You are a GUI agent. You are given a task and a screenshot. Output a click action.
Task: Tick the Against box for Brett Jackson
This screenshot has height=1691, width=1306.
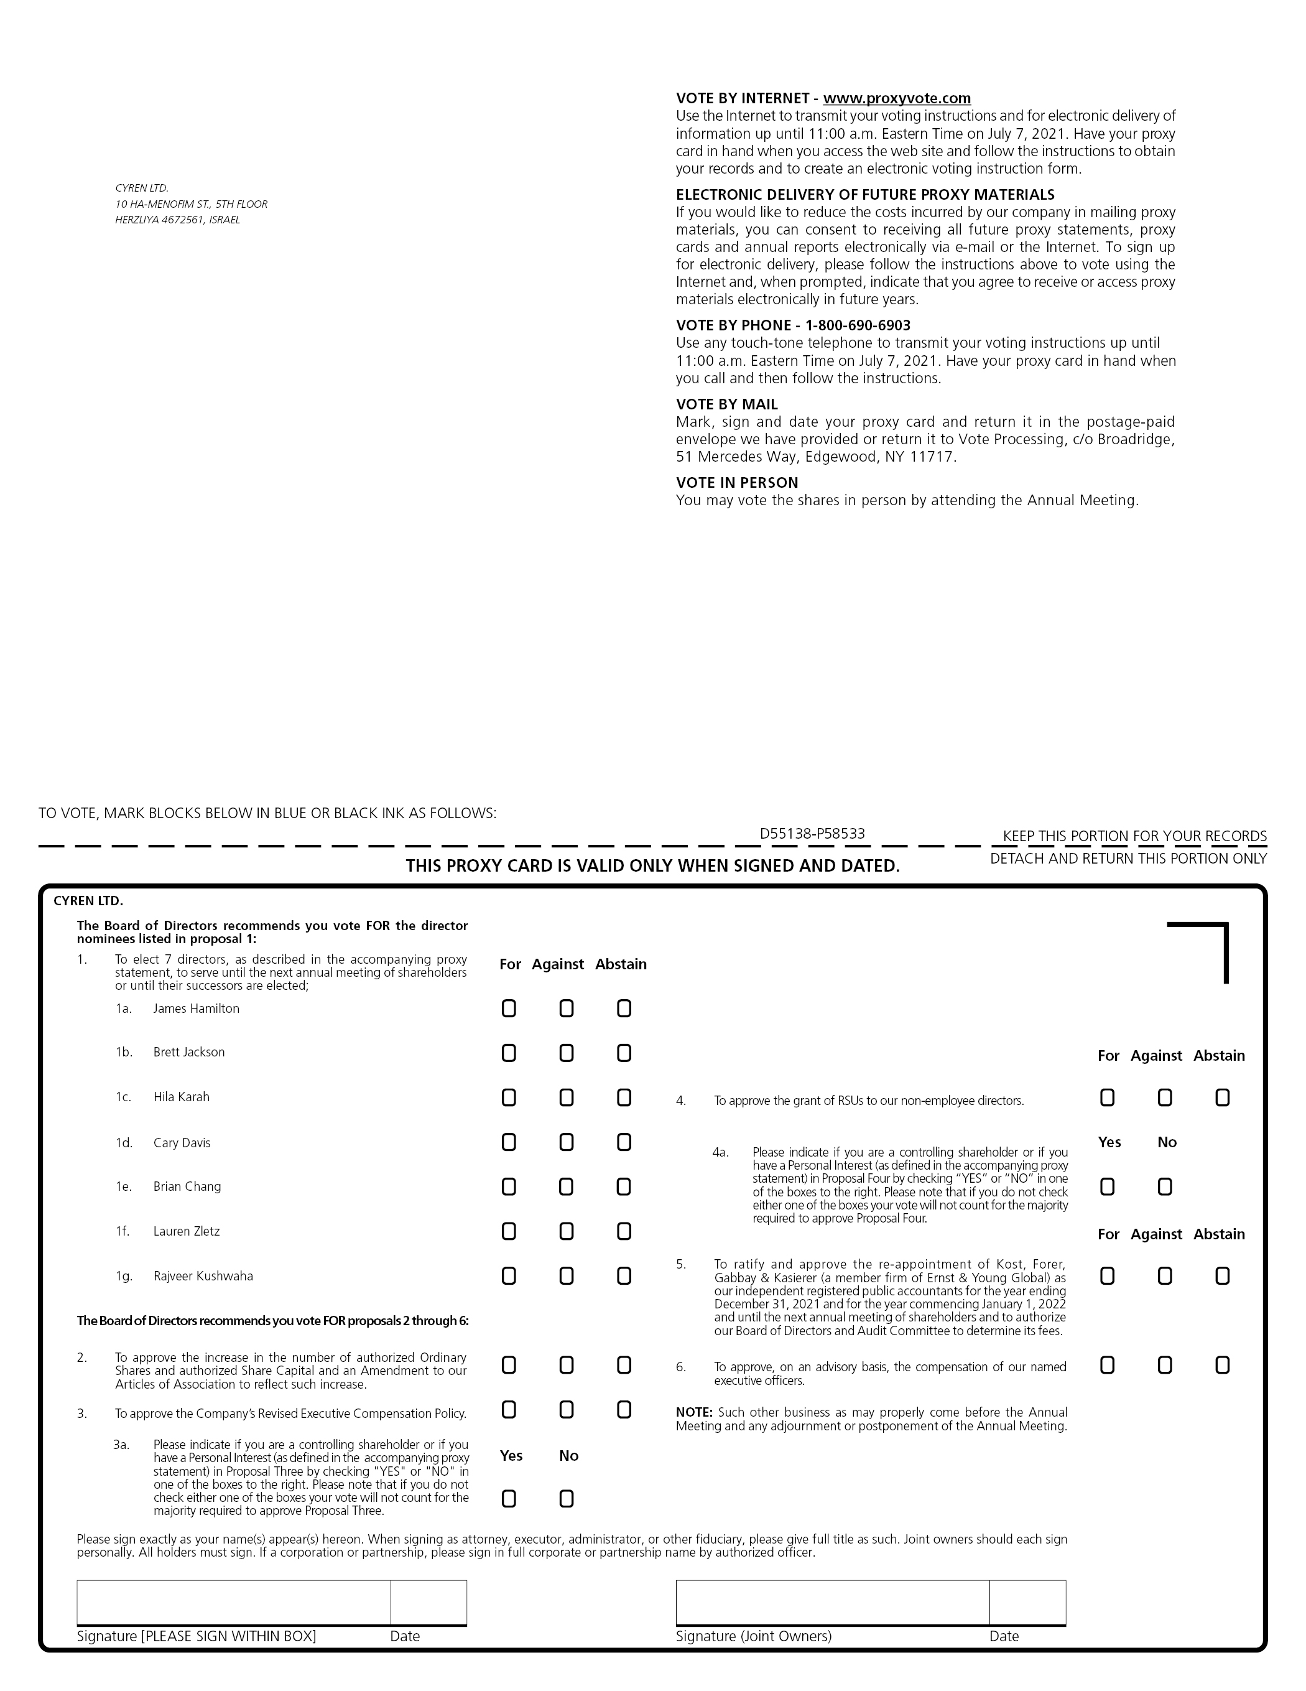click(566, 1053)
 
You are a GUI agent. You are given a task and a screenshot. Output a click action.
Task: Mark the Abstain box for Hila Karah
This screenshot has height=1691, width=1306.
click(624, 1098)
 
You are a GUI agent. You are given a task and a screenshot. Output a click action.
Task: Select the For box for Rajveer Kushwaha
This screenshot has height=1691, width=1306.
click(509, 1276)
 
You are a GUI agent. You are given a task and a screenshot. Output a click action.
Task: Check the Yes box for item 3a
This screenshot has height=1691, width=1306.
click(509, 1499)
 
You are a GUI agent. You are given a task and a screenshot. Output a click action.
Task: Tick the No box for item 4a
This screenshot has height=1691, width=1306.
click(1165, 1187)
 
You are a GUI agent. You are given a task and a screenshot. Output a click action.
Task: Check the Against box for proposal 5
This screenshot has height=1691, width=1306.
click(1165, 1276)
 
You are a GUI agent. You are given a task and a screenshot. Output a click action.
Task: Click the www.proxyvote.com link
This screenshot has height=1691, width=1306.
click(896, 98)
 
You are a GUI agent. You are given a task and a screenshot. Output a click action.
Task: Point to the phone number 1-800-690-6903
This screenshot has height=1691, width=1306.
click(858, 325)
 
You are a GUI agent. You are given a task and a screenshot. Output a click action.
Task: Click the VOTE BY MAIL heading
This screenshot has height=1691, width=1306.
click(727, 404)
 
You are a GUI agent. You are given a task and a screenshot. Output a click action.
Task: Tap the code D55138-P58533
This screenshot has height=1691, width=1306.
click(812, 834)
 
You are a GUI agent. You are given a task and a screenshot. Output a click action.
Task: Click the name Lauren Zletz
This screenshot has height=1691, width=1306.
click(187, 1231)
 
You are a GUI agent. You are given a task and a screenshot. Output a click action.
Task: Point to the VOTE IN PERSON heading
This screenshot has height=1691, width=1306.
click(737, 482)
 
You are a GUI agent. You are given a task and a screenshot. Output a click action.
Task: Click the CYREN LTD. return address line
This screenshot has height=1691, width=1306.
click(142, 188)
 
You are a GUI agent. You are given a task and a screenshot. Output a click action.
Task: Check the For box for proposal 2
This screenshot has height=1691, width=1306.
click(509, 1365)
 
